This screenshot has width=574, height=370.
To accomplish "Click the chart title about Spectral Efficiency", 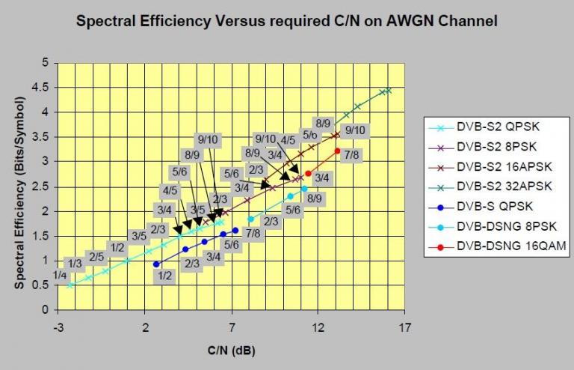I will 287,22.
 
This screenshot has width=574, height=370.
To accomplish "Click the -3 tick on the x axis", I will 58,327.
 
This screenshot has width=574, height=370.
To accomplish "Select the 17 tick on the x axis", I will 405,327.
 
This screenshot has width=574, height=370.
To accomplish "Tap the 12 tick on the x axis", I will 318,327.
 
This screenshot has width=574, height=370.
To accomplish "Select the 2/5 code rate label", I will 96,257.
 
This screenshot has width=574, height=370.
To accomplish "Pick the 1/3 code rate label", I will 74,264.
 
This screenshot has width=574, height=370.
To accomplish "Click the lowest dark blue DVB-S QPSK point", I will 156,264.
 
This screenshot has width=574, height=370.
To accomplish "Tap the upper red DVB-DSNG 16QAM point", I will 338,151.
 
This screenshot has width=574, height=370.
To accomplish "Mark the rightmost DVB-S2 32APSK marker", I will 389,90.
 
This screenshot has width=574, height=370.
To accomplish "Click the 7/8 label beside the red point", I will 354,155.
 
